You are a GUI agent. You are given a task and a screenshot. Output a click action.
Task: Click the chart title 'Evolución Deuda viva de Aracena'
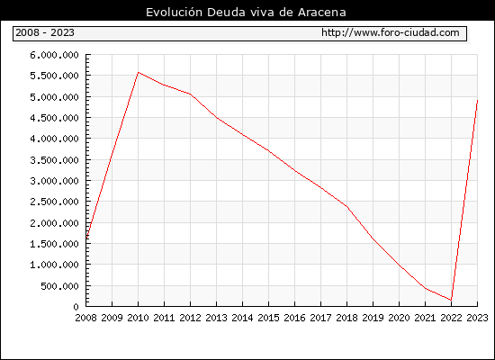pos(246,13)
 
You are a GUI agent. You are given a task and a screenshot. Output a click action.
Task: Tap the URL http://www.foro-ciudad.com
pos(391,32)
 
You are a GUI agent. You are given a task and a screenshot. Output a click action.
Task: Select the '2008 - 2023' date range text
pos(45,32)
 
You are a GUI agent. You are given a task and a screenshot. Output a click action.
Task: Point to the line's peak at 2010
pos(139,72)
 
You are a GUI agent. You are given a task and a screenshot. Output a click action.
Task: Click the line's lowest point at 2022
pos(451,300)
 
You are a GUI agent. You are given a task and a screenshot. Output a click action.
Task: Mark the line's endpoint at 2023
pos(477,101)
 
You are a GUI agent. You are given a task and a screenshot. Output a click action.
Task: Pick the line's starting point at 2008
pos(86,238)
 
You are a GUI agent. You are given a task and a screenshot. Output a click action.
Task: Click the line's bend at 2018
pos(346,206)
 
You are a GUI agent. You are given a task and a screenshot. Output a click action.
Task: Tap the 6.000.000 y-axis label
pos(54,55)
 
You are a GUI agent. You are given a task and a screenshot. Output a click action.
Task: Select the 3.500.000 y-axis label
pos(54,160)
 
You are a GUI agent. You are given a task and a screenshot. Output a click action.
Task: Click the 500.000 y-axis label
pos(59,286)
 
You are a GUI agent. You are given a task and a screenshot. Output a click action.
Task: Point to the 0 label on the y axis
pos(76,307)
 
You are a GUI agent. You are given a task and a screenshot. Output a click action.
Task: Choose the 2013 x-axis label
pos(216,318)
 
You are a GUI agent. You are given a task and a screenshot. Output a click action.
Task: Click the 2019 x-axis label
pos(373,318)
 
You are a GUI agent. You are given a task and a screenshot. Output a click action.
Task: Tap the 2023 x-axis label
pos(477,318)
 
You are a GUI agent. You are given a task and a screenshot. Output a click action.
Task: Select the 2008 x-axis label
pos(85,318)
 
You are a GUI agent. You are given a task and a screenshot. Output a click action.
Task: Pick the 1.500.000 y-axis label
pos(54,244)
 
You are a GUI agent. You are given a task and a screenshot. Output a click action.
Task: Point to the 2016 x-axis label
pos(294,318)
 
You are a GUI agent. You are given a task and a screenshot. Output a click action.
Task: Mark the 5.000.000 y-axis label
pos(54,97)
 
